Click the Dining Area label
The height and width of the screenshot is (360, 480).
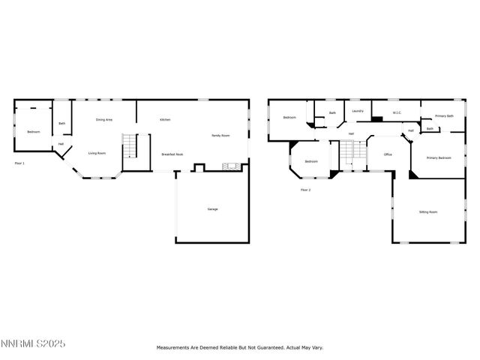tap(103, 120)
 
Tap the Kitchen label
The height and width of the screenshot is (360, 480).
tap(165, 120)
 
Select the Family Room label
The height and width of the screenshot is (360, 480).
tap(220, 136)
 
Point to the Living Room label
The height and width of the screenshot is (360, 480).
tap(97, 153)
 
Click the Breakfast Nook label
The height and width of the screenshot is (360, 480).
tap(172, 154)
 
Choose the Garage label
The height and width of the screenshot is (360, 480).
tap(212, 208)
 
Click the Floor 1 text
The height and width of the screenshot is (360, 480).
tap(19, 163)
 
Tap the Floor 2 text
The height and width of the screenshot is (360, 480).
tap(305, 190)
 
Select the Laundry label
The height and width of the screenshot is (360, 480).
tap(358, 111)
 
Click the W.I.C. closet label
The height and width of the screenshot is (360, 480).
tap(397, 113)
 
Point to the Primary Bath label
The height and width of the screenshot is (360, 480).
tap(444, 116)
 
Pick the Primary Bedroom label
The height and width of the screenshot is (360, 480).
tap(439, 157)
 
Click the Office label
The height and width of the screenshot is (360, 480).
tap(388, 154)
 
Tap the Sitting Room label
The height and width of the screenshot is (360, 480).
tap(427, 212)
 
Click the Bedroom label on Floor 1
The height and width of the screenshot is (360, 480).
tap(33, 132)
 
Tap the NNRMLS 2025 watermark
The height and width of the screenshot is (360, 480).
tap(33, 343)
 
